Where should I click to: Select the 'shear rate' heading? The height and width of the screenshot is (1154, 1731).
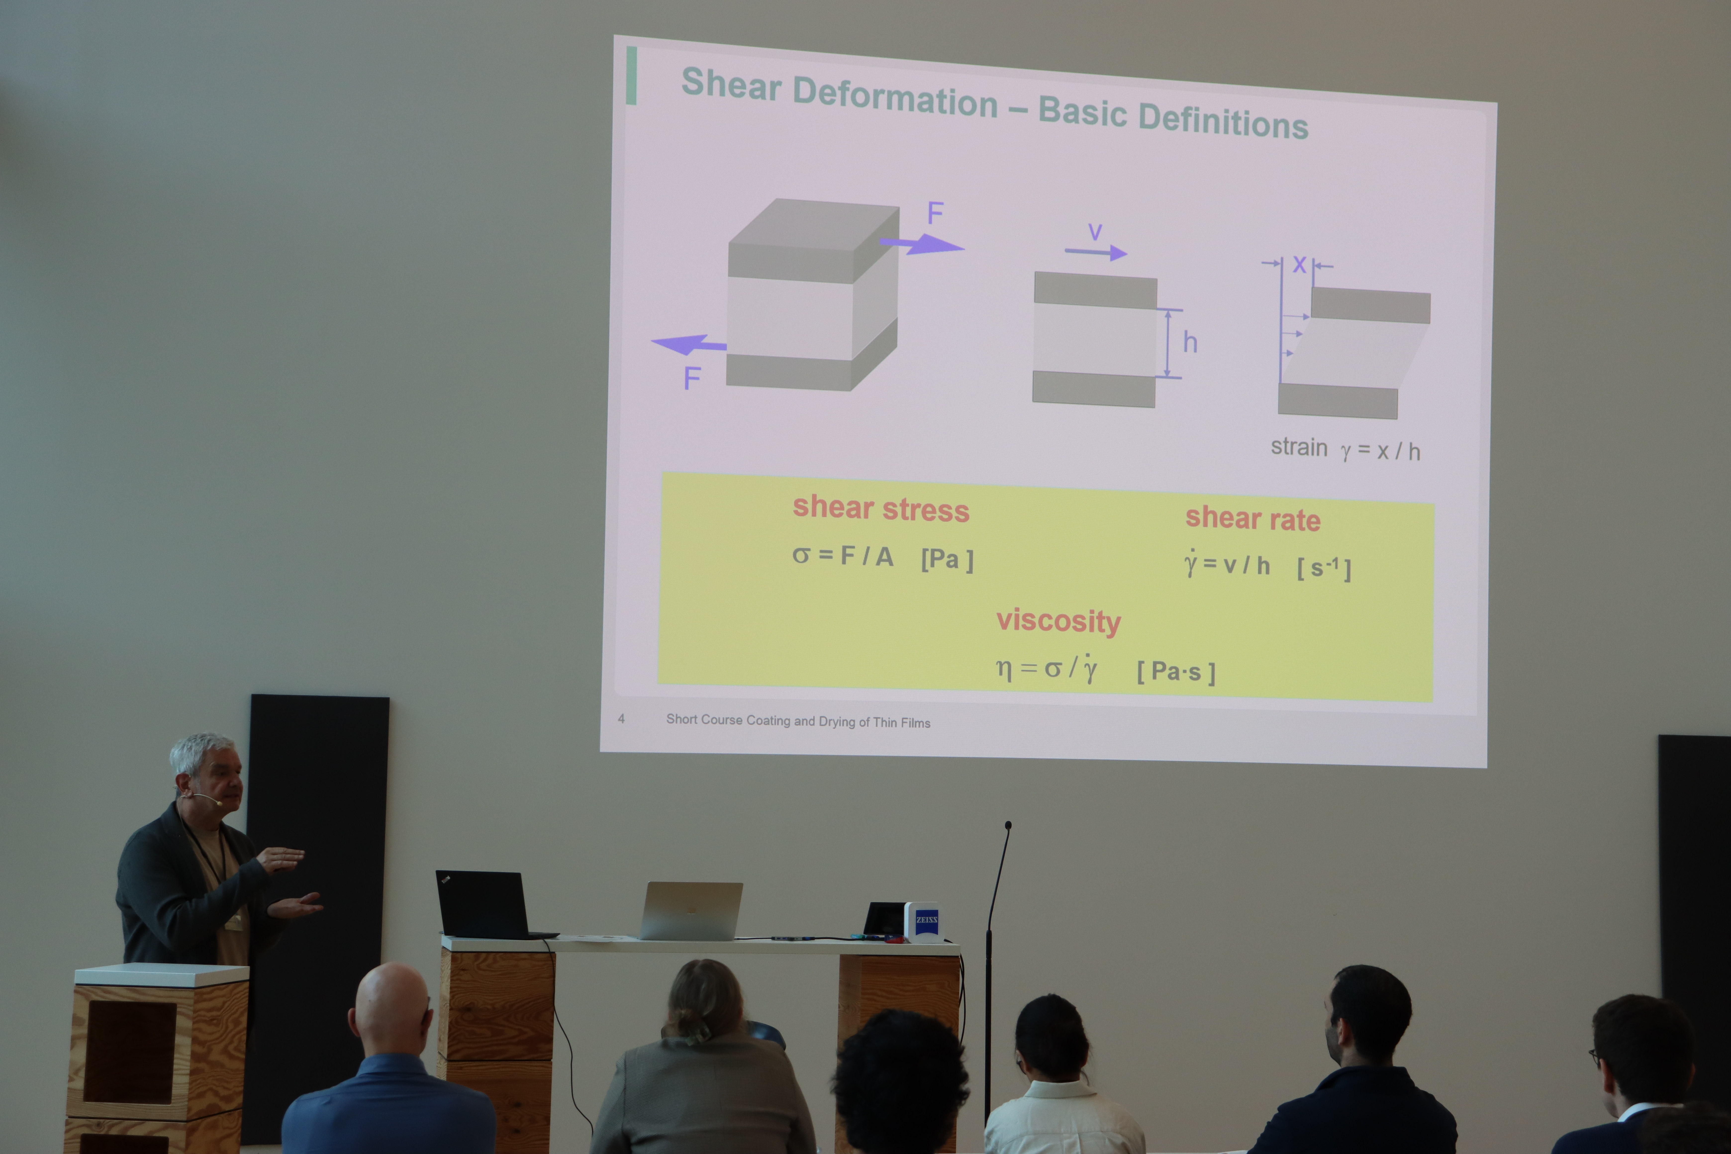click(x=1253, y=518)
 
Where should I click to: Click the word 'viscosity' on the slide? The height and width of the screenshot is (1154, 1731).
click(x=1058, y=621)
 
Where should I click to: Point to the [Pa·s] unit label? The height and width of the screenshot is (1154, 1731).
click(x=1176, y=671)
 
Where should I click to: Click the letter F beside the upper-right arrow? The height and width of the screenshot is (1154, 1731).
click(x=935, y=213)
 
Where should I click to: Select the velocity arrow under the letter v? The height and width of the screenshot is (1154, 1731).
click(x=1096, y=252)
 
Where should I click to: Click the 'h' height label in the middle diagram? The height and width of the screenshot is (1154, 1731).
click(x=1190, y=342)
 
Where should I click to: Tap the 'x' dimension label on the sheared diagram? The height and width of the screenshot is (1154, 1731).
click(x=1300, y=264)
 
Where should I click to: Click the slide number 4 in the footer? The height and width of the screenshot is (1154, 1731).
click(x=621, y=718)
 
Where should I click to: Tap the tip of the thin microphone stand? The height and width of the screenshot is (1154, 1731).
click(x=1008, y=825)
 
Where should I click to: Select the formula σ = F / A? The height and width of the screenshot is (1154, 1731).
click(x=843, y=556)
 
